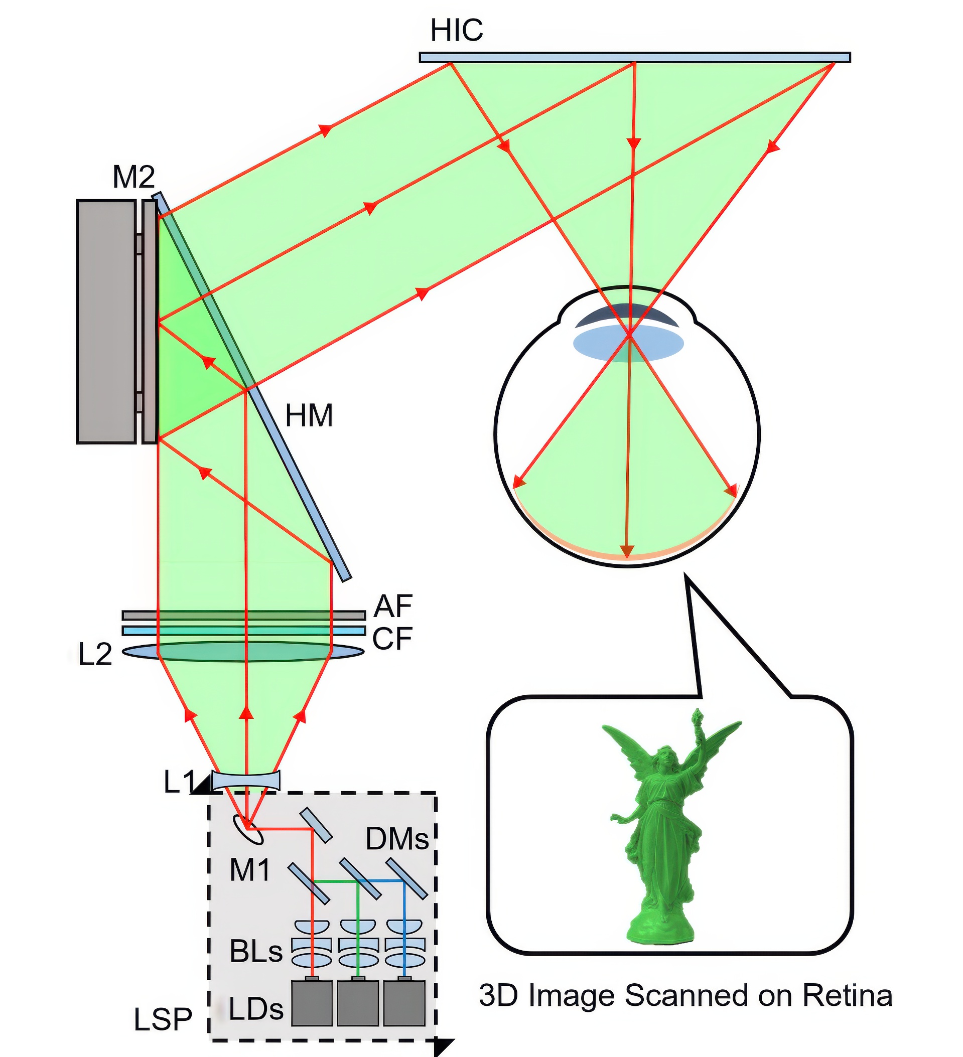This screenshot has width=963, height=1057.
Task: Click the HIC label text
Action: (x=456, y=31)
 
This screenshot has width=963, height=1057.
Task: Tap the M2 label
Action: (x=134, y=177)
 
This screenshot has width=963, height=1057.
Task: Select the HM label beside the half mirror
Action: (x=309, y=416)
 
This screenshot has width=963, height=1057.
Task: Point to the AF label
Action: (x=393, y=606)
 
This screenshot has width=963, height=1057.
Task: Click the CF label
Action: (x=392, y=639)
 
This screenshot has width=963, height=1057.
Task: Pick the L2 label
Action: (x=95, y=654)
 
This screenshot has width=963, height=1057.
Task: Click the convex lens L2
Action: (x=243, y=651)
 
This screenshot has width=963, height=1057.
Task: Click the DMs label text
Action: (x=397, y=839)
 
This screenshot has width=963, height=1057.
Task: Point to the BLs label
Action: (x=256, y=951)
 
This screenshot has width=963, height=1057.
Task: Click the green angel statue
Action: (x=663, y=828)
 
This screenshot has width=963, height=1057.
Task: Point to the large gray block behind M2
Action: (x=106, y=322)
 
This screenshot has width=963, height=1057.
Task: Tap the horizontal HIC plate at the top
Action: (x=635, y=57)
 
